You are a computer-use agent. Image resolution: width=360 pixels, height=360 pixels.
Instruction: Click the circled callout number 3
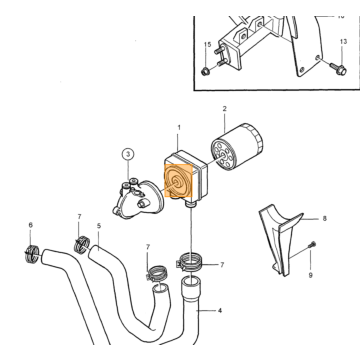click(128, 154)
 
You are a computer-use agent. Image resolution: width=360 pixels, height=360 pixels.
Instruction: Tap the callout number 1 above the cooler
click(179, 128)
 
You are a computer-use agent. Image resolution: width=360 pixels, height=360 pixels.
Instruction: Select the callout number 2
click(225, 109)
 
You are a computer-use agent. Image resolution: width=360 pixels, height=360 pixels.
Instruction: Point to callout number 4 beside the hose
click(219, 311)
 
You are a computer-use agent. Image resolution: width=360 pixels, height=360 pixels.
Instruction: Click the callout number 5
click(99, 226)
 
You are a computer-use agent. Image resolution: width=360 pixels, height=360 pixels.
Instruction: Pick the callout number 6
click(31, 225)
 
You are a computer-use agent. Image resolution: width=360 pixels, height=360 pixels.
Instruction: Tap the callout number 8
click(324, 219)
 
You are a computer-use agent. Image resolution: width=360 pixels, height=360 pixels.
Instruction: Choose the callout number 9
click(310, 275)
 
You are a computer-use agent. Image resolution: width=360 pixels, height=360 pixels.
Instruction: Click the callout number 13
click(343, 42)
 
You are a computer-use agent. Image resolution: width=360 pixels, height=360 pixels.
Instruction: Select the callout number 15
click(207, 44)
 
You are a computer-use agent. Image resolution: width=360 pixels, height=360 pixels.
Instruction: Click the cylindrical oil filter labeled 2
click(237, 146)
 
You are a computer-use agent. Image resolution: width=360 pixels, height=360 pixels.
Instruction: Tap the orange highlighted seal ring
click(179, 181)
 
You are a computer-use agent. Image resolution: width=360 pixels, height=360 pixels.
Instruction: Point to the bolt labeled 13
click(337, 68)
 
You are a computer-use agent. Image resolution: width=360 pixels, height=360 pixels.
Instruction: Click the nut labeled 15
click(205, 71)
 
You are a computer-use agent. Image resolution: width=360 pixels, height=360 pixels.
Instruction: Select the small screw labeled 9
click(313, 245)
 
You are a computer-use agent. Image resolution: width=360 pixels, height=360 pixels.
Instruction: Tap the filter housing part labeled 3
click(137, 199)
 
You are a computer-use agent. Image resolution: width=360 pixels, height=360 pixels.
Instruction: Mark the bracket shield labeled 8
click(280, 238)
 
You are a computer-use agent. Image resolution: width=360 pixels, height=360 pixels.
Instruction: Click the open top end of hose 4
click(191, 283)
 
